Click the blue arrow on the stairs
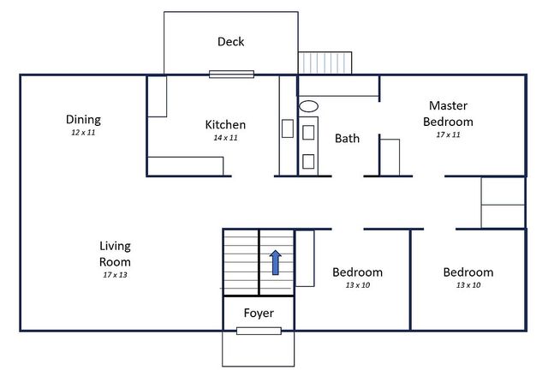(x=276, y=262)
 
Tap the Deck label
(x=230, y=42)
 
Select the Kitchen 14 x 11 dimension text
(x=225, y=138)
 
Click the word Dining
(x=83, y=120)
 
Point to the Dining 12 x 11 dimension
(x=83, y=133)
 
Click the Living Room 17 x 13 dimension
(x=115, y=275)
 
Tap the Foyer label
(x=259, y=313)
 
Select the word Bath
(x=347, y=139)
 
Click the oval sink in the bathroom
(x=308, y=106)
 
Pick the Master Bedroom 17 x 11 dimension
(x=448, y=134)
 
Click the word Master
(x=448, y=105)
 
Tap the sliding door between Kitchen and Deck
(x=231, y=74)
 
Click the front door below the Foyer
(x=259, y=331)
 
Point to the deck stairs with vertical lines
(x=325, y=63)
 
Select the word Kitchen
(x=225, y=125)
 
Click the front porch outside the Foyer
(x=259, y=349)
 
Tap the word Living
(x=115, y=247)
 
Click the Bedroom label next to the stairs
(x=358, y=272)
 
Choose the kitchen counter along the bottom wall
(x=186, y=166)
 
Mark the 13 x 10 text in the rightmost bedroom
(x=468, y=285)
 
